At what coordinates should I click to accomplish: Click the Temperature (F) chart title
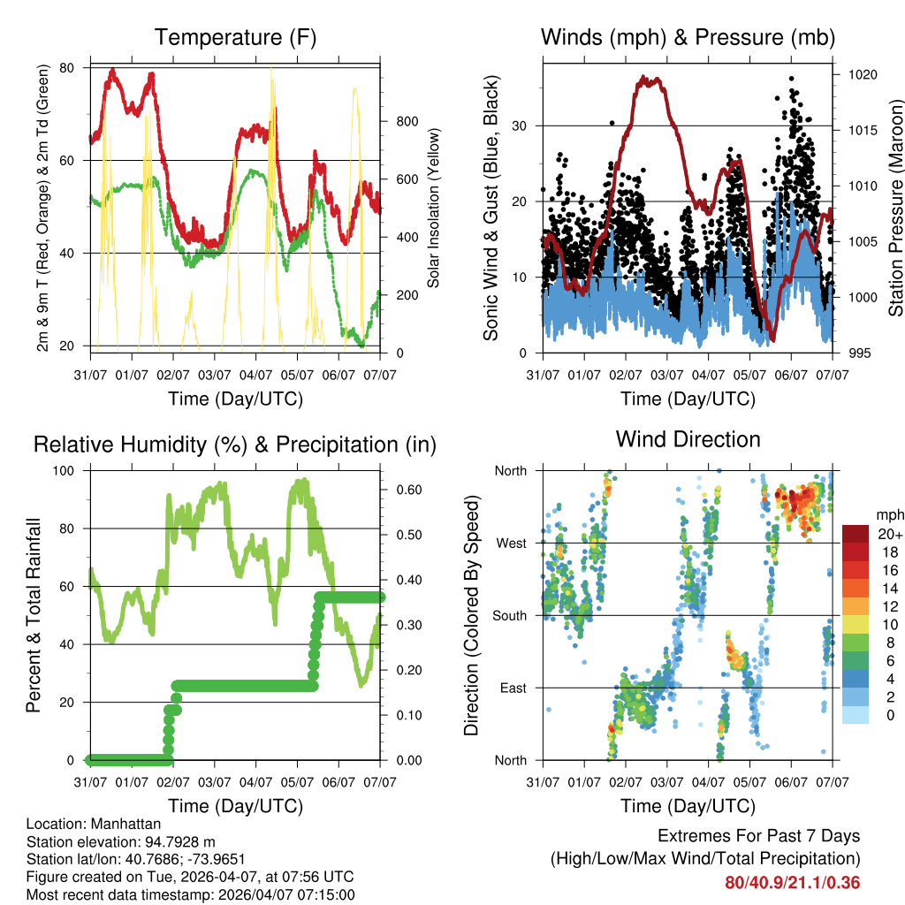point(235,37)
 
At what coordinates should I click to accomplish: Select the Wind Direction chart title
point(688,438)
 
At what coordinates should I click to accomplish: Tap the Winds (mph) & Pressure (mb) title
point(688,37)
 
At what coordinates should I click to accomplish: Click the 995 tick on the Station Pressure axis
point(856,354)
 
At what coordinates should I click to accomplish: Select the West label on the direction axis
point(510,543)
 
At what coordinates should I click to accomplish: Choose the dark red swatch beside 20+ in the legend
point(856,534)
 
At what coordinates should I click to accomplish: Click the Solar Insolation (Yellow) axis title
point(434,209)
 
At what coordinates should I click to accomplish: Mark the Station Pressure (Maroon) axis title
point(895,209)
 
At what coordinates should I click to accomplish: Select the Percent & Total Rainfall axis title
point(34,615)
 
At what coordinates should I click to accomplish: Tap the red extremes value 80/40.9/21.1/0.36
point(792,883)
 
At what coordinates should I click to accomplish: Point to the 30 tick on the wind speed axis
point(520,125)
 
